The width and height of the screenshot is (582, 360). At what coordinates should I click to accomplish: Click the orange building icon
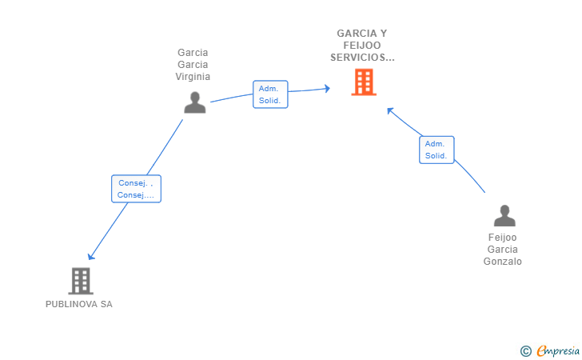(364, 82)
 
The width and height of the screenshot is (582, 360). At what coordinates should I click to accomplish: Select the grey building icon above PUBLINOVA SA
(81, 281)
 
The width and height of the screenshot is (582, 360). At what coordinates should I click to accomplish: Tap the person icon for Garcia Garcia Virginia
(195, 102)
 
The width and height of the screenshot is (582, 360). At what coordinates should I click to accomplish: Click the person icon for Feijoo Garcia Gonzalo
(504, 215)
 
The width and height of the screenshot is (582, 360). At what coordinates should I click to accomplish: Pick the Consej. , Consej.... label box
(136, 189)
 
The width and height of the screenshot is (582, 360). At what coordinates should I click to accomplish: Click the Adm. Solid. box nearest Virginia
(270, 94)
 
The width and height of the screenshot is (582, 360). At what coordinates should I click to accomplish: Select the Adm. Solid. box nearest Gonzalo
(436, 150)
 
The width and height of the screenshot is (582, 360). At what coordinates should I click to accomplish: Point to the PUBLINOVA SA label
(79, 304)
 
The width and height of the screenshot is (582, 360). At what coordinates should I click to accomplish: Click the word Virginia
(193, 77)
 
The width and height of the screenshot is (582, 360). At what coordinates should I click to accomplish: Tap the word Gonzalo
(503, 262)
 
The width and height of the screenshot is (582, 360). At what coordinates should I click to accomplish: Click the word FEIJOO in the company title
(362, 46)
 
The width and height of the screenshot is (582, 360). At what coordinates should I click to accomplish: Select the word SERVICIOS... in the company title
(362, 58)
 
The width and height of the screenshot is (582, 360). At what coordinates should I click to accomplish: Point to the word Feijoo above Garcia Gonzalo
(503, 238)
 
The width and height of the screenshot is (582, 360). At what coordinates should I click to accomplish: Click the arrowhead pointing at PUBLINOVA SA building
(90, 256)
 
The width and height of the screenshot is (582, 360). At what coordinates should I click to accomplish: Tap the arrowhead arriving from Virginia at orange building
(327, 89)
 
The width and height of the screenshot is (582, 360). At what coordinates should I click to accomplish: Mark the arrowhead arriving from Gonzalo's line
(390, 110)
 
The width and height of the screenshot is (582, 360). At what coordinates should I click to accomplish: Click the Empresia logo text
(558, 350)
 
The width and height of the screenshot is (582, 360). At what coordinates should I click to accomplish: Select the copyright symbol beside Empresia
(526, 351)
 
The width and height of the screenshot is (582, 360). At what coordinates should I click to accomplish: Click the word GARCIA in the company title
(357, 34)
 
